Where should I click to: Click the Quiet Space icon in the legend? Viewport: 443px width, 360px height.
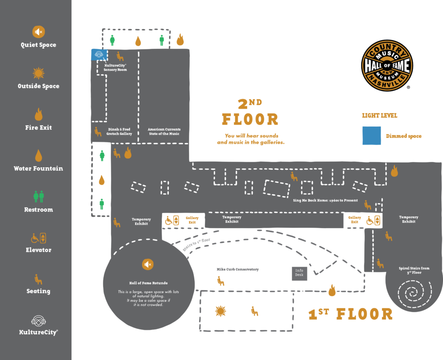pyautogui.click(x=39, y=32)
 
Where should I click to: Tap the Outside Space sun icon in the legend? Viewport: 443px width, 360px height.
pyautogui.click(x=39, y=73)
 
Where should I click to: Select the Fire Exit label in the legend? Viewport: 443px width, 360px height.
pyautogui.click(x=39, y=127)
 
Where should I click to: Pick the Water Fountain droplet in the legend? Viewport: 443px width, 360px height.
pyautogui.click(x=39, y=156)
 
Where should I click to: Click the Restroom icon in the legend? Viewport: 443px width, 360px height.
pyautogui.click(x=39, y=197)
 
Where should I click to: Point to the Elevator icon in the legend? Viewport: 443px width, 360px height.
pyautogui.click(x=39, y=238)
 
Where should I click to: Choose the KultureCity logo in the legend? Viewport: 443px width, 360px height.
pyautogui.click(x=39, y=321)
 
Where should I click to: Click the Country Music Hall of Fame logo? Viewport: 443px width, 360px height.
pyautogui.click(x=387, y=66)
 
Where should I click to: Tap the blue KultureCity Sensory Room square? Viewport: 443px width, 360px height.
pyautogui.click(x=99, y=54)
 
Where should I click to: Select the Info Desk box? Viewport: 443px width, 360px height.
pyautogui.click(x=299, y=273)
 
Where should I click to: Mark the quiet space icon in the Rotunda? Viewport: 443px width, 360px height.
pyautogui.click(x=148, y=264)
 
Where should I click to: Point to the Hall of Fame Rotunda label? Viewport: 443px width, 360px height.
pyautogui.click(x=148, y=283)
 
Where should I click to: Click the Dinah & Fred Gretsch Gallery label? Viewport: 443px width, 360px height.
pyautogui.click(x=119, y=131)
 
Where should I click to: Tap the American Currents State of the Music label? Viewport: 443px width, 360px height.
pyautogui.click(x=164, y=131)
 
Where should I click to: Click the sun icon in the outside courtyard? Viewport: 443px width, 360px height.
pyautogui.click(x=221, y=311)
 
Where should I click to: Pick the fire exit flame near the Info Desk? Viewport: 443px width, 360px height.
pyautogui.click(x=332, y=290)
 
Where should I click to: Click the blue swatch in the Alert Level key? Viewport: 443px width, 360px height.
pyautogui.click(x=371, y=136)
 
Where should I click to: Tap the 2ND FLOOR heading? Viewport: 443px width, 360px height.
pyautogui.click(x=250, y=114)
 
